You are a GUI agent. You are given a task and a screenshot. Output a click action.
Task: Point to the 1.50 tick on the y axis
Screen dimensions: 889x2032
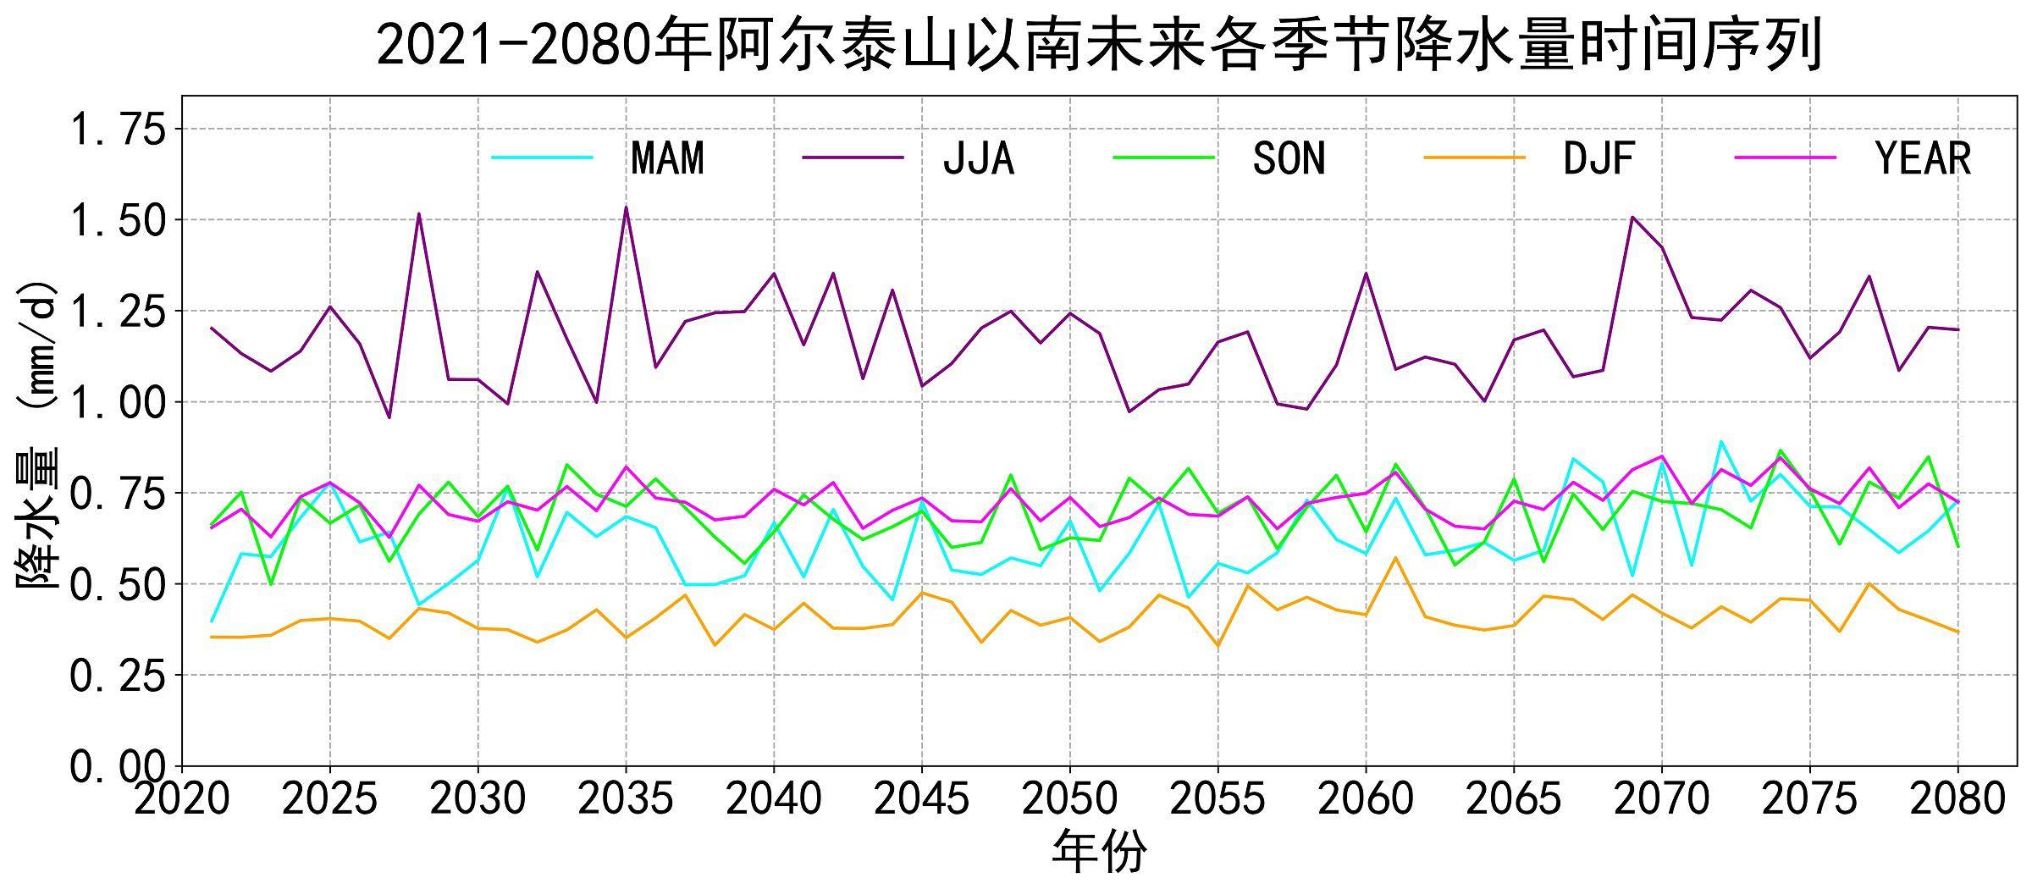coord(118,220)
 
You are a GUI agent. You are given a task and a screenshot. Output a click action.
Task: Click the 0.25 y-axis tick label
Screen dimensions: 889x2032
coord(118,676)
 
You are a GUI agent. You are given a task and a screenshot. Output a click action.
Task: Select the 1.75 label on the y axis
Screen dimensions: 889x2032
coord(118,130)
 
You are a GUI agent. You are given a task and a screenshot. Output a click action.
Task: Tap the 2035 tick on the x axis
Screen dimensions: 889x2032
coord(626,798)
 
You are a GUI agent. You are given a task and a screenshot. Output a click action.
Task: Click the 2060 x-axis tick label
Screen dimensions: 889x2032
coord(1366,798)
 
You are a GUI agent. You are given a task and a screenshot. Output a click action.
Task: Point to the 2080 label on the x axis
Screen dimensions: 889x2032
coord(1957,798)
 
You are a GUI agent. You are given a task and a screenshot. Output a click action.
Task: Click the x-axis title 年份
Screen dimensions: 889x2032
coord(1099,851)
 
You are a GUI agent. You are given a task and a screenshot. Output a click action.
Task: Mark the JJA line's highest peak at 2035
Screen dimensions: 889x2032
coord(626,207)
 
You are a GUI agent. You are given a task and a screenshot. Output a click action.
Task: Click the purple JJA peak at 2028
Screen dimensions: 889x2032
coord(419,213)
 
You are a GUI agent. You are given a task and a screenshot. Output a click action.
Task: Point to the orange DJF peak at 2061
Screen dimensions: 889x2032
coord(1395,557)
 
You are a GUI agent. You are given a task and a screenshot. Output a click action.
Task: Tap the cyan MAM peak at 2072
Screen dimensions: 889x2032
coord(1721,441)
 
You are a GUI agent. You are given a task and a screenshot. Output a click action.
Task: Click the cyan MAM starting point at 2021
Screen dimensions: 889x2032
coord(212,621)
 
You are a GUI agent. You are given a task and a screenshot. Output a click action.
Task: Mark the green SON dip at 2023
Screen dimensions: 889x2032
coord(271,584)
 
